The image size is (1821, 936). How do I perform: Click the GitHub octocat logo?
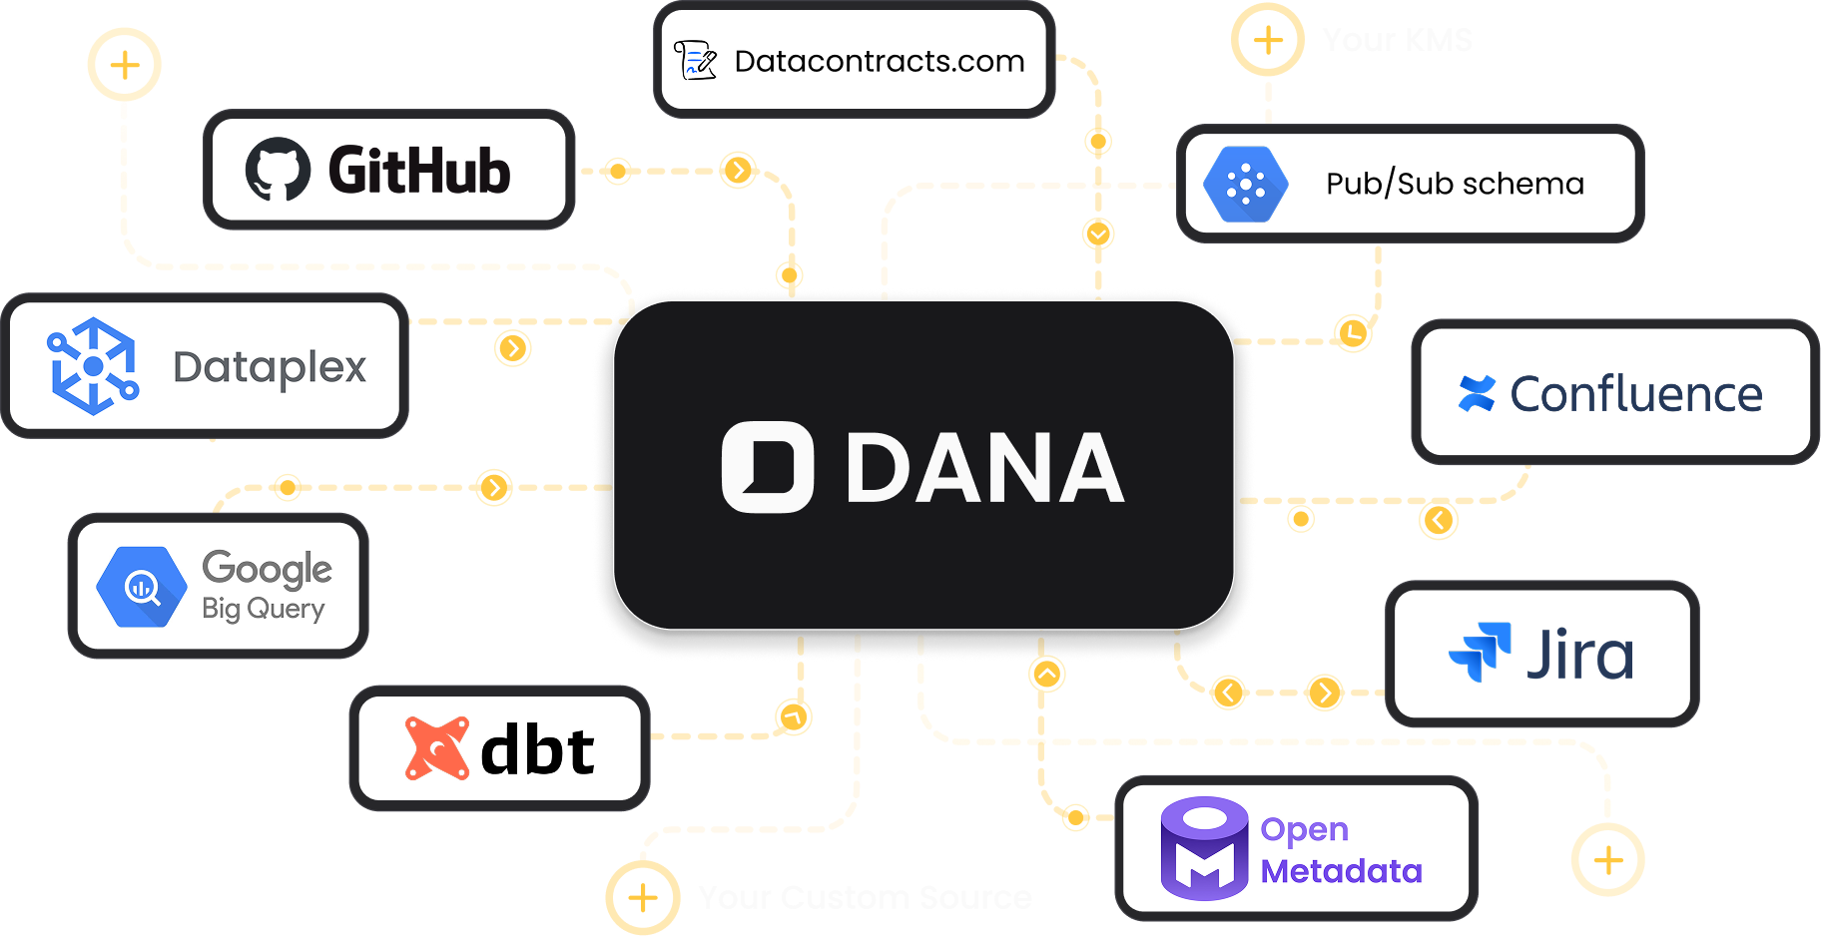click(x=279, y=170)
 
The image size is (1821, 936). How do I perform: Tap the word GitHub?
click(x=419, y=171)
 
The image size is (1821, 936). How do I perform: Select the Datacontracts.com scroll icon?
click(x=695, y=61)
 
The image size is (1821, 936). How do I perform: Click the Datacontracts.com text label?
click(x=879, y=62)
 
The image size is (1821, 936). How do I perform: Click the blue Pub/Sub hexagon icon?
click(x=1245, y=185)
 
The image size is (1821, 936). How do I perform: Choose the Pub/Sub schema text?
click(x=1455, y=185)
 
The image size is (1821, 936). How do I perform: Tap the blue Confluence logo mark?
click(x=1477, y=393)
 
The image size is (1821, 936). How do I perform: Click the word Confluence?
click(x=1636, y=394)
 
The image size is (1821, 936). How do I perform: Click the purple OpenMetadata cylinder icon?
click(x=1204, y=848)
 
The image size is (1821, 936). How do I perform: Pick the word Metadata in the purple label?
click(x=1341, y=871)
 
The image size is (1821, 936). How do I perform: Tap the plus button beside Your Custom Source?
click(x=643, y=897)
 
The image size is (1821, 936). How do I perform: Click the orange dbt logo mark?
click(x=436, y=748)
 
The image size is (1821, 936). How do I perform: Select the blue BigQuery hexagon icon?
click(x=141, y=587)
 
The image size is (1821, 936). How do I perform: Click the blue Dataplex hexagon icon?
click(x=93, y=366)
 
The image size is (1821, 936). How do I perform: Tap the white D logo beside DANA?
click(x=767, y=467)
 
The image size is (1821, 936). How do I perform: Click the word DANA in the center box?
click(x=984, y=468)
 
